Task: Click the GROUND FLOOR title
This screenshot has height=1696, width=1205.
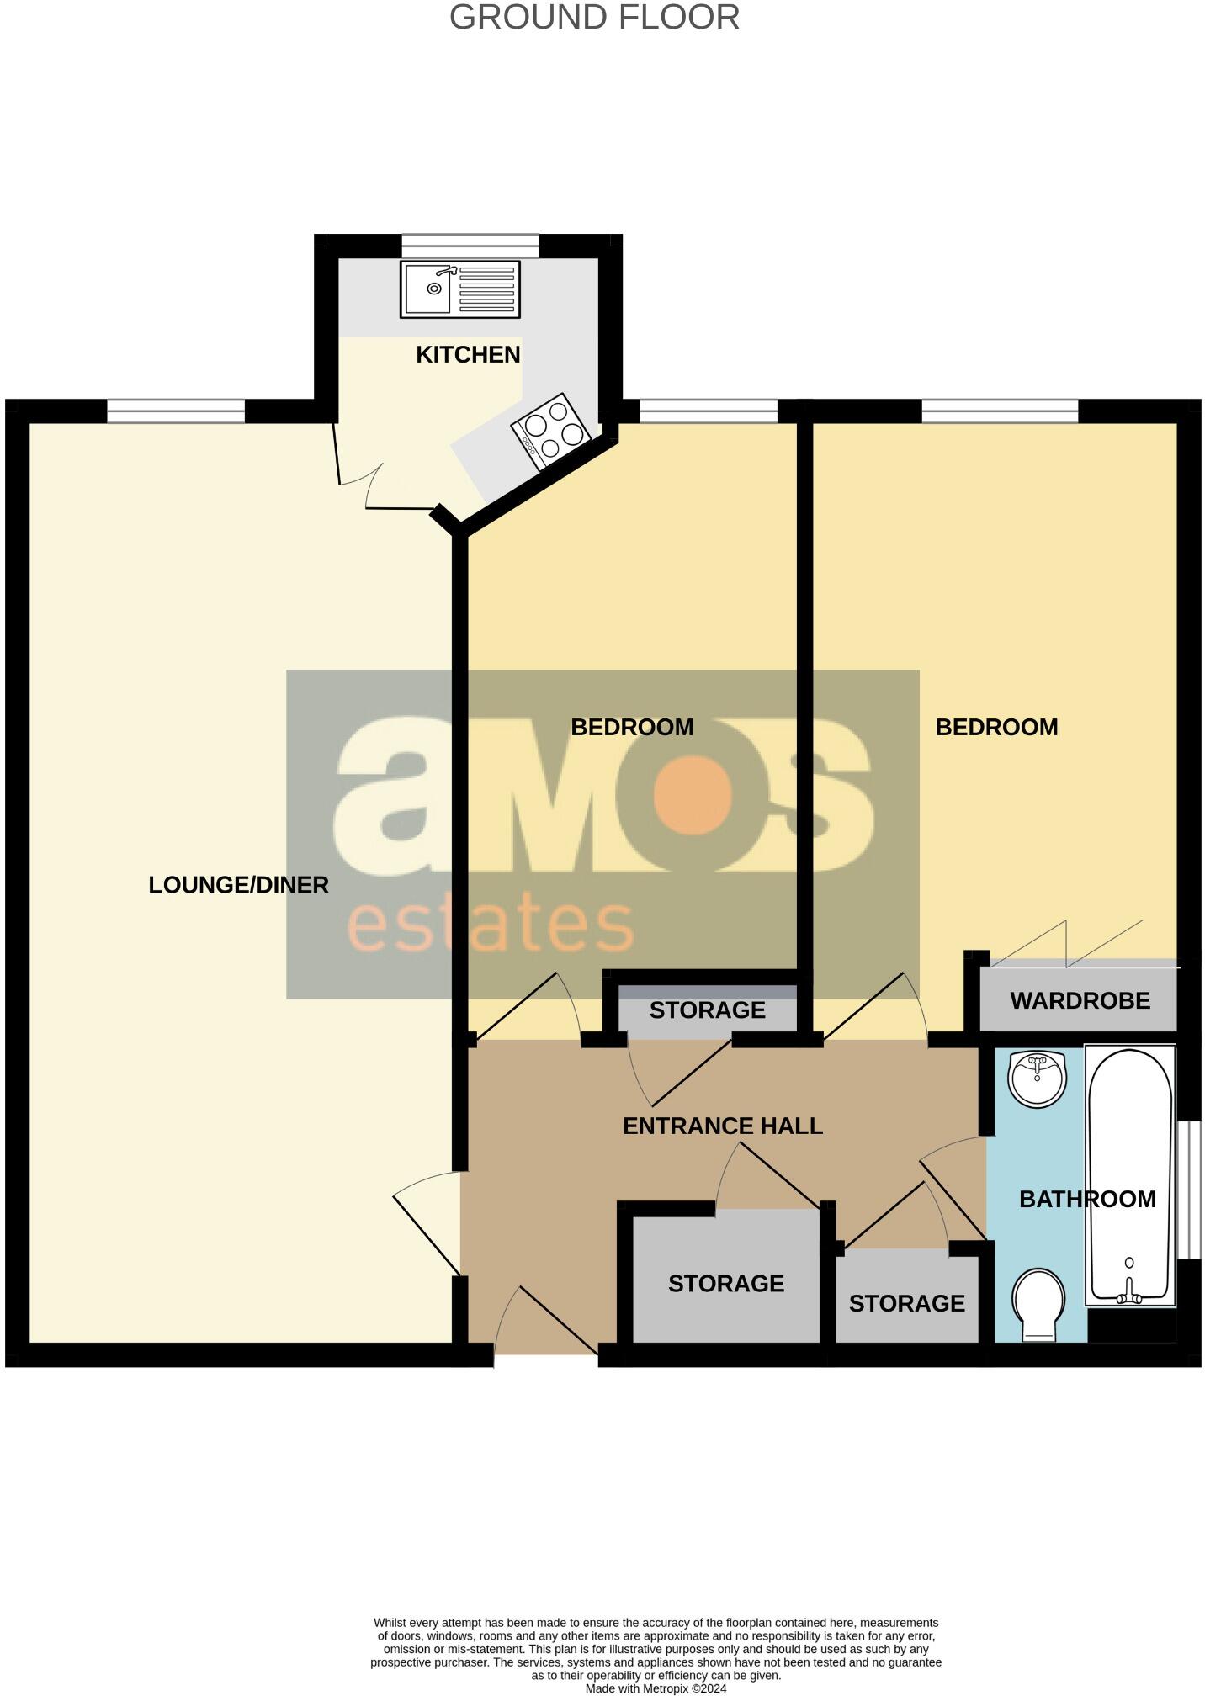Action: coord(594,18)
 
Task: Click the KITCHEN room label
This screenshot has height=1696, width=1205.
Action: coord(468,355)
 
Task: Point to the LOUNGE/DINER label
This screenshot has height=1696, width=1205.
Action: coord(238,885)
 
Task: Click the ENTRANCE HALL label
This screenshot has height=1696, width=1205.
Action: coord(722,1126)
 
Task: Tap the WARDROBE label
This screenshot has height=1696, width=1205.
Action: coord(1080,1000)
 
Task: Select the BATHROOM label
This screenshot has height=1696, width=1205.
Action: coord(1087,1199)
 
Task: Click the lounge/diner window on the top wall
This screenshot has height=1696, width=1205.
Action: coord(176,411)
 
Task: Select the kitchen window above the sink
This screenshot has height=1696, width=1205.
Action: coord(470,245)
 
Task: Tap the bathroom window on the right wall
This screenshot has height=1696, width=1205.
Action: coord(1189,1189)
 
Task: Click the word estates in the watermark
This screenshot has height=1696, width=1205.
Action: coord(490,926)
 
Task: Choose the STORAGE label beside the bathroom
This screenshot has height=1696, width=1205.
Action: coord(906,1303)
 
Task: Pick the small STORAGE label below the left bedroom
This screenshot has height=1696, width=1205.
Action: coord(707,1010)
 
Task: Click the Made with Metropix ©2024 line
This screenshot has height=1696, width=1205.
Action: coord(656,1688)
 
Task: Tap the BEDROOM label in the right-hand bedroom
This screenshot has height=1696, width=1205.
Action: coord(996,727)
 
